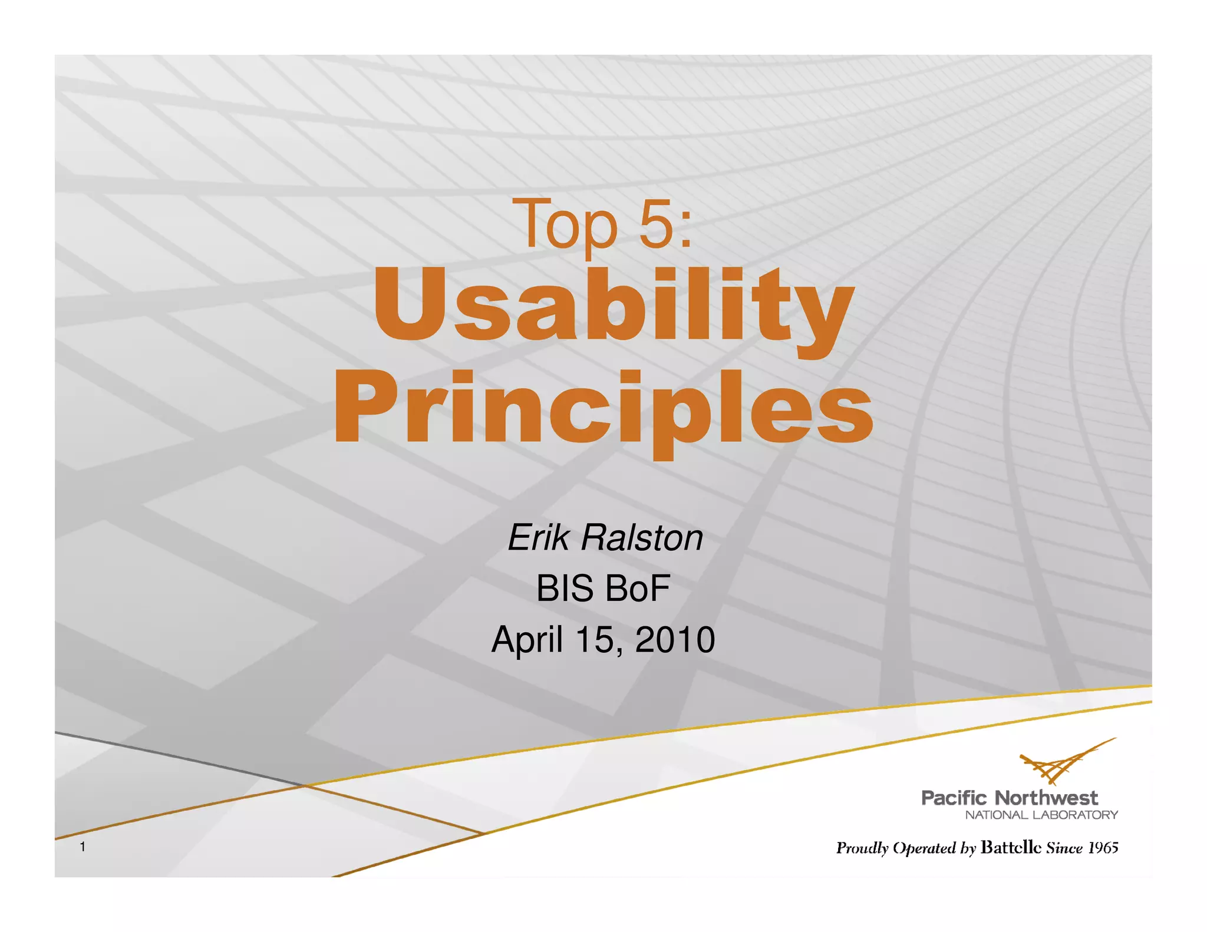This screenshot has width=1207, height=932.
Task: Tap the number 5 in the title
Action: pyautogui.click(x=656, y=224)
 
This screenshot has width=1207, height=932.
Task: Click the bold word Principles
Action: pyautogui.click(x=603, y=409)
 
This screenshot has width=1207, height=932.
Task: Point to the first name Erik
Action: pyautogui.click(x=539, y=537)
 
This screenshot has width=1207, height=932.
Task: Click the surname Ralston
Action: pyautogui.click(x=642, y=537)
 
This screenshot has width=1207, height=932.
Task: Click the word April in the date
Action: pyautogui.click(x=526, y=640)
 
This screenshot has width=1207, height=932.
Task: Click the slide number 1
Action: pyautogui.click(x=83, y=847)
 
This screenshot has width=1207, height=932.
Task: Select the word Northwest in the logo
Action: pyautogui.click(x=1046, y=798)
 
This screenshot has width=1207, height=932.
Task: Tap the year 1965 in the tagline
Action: pyautogui.click(x=1103, y=848)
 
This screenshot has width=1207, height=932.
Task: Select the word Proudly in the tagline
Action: pyautogui.click(x=862, y=848)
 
